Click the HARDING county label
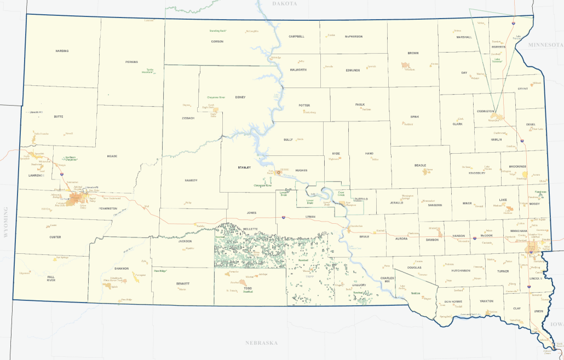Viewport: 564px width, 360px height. [x=62, y=51]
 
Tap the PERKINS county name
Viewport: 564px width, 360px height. [x=131, y=62]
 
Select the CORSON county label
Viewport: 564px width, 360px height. [x=217, y=42]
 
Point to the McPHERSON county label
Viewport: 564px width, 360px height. [x=353, y=37]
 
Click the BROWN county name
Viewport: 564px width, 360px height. [x=413, y=53]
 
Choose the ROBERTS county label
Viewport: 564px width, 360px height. [x=498, y=47]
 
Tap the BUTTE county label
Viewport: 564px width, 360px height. [x=59, y=117]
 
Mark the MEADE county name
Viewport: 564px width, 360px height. [x=112, y=156]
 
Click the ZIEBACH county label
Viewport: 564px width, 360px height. [x=188, y=118]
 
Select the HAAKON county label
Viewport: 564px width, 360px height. [x=191, y=180]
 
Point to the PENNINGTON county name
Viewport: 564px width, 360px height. [x=108, y=208]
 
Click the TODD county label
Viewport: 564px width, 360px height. [x=248, y=288]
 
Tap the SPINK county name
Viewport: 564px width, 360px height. [x=415, y=117]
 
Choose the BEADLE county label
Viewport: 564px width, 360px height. [x=421, y=165]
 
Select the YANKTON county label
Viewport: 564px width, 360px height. [x=486, y=301]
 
